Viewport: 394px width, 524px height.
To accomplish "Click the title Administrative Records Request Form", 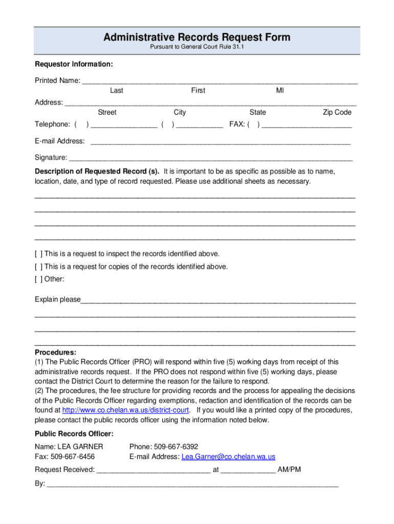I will (x=196, y=37).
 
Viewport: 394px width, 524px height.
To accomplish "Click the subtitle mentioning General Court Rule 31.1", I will (x=196, y=48).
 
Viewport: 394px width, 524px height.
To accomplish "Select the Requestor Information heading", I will (x=74, y=64).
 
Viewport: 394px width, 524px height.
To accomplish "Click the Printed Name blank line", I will (x=220, y=81).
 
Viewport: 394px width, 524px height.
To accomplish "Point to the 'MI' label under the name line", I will (x=280, y=91).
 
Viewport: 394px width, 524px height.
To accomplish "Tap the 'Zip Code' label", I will (x=337, y=113).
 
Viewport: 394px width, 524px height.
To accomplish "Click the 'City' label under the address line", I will (x=180, y=113).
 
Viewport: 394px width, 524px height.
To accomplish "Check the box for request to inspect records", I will (x=38, y=254).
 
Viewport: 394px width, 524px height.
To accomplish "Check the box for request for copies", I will (x=38, y=267).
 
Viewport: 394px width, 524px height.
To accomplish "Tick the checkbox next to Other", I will (x=38, y=279).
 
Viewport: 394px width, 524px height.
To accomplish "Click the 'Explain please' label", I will (x=58, y=300).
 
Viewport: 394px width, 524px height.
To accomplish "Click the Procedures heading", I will (x=55, y=353).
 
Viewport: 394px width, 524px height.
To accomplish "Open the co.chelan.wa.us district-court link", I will (x=126, y=410).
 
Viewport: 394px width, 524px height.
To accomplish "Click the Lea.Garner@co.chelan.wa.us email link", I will (x=228, y=457).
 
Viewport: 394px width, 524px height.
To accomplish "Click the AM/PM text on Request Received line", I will (x=289, y=470).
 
